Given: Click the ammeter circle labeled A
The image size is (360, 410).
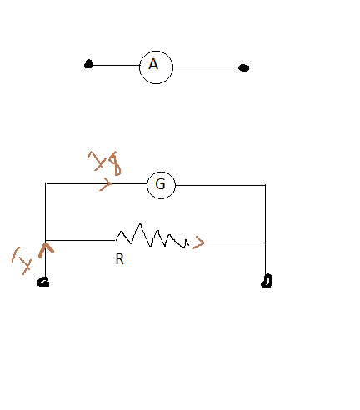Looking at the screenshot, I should pyautogui.click(x=156, y=67).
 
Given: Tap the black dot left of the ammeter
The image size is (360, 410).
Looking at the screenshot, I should pyautogui.click(x=88, y=64).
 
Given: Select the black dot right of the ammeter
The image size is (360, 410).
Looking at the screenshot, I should pyautogui.click(x=243, y=68).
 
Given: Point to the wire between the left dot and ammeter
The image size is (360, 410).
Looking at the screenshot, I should pyautogui.click(x=115, y=65).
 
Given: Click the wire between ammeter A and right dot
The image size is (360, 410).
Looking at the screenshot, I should pyautogui.click(x=207, y=67).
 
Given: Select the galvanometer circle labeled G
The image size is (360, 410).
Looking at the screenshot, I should pyautogui.click(x=162, y=184).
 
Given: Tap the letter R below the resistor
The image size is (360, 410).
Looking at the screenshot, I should pyautogui.click(x=119, y=259).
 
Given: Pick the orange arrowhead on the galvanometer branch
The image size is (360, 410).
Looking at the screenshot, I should pyautogui.click(x=107, y=183).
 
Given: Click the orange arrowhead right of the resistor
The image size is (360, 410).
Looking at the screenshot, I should pyautogui.click(x=197, y=243).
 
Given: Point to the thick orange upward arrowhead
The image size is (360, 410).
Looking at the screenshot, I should pyautogui.click(x=44, y=247).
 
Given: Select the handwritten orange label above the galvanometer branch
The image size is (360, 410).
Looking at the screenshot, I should pyautogui.click(x=104, y=163).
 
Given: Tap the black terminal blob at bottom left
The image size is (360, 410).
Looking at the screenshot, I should pyautogui.click(x=43, y=282).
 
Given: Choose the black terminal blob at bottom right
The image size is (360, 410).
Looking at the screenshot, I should pyautogui.click(x=267, y=281).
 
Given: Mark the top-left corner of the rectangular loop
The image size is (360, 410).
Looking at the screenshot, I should pyautogui.click(x=44, y=183).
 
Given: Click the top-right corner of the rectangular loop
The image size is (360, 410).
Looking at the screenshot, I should pyautogui.click(x=265, y=184).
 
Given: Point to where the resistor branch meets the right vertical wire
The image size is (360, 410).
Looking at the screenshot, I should pyautogui.click(x=265, y=242).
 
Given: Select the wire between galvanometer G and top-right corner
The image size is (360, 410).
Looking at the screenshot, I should pyautogui.click(x=220, y=184).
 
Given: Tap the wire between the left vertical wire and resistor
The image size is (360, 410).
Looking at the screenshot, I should pyautogui.click(x=79, y=240).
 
